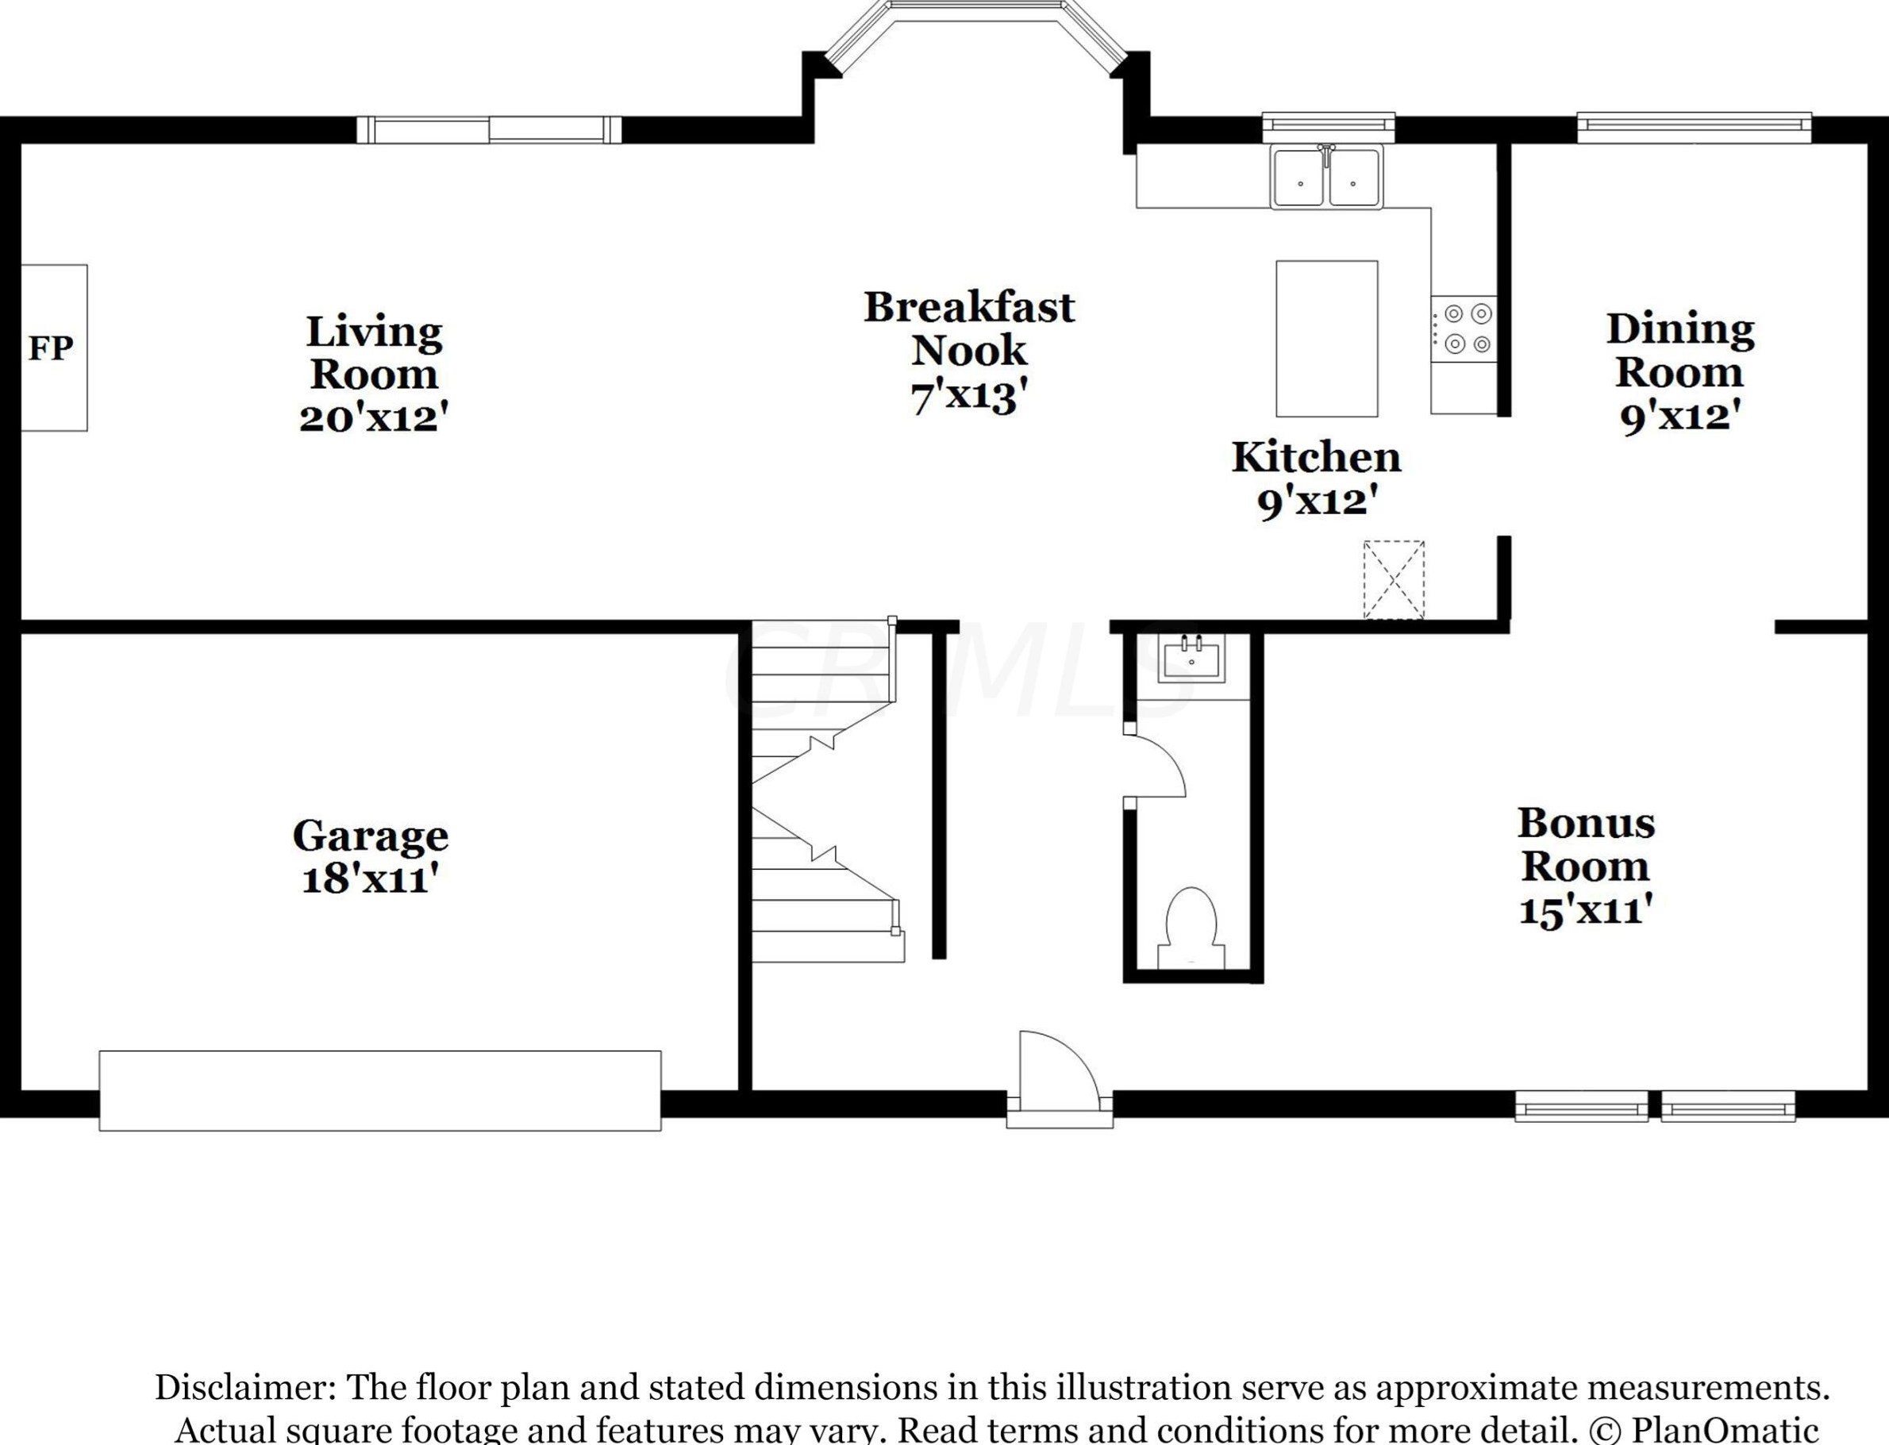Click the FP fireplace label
(51, 348)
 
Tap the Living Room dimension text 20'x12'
(374, 419)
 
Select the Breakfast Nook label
(969, 329)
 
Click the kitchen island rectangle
(1326, 339)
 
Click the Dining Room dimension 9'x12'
(1680, 417)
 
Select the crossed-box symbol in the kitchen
(1394, 578)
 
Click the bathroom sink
(1191, 659)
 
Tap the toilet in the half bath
(1191, 929)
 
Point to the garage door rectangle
(379, 1090)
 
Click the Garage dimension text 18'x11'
(371, 880)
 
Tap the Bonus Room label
(1585, 844)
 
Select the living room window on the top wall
(489, 130)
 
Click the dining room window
(1694, 127)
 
